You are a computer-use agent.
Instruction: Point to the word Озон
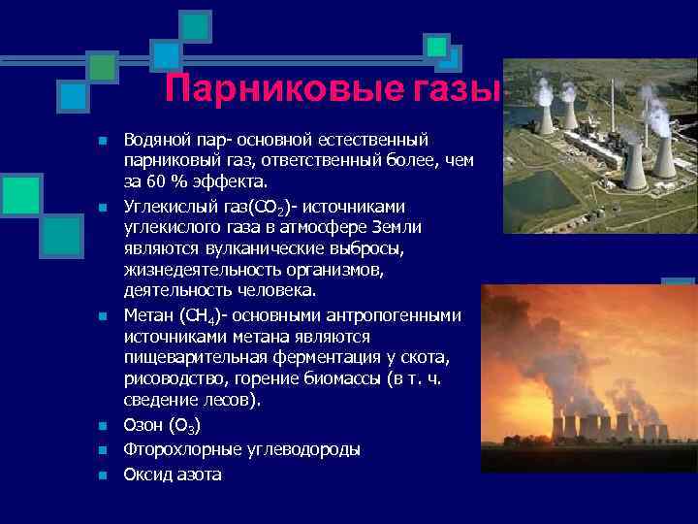click(x=144, y=425)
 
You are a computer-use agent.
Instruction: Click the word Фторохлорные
click(x=182, y=450)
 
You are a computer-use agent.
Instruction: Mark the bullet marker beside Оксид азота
click(x=102, y=475)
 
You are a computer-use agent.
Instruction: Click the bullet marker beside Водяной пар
click(x=102, y=142)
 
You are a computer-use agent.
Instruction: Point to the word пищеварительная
click(x=196, y=357)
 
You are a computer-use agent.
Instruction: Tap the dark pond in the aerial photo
click(x=538, y=190)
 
